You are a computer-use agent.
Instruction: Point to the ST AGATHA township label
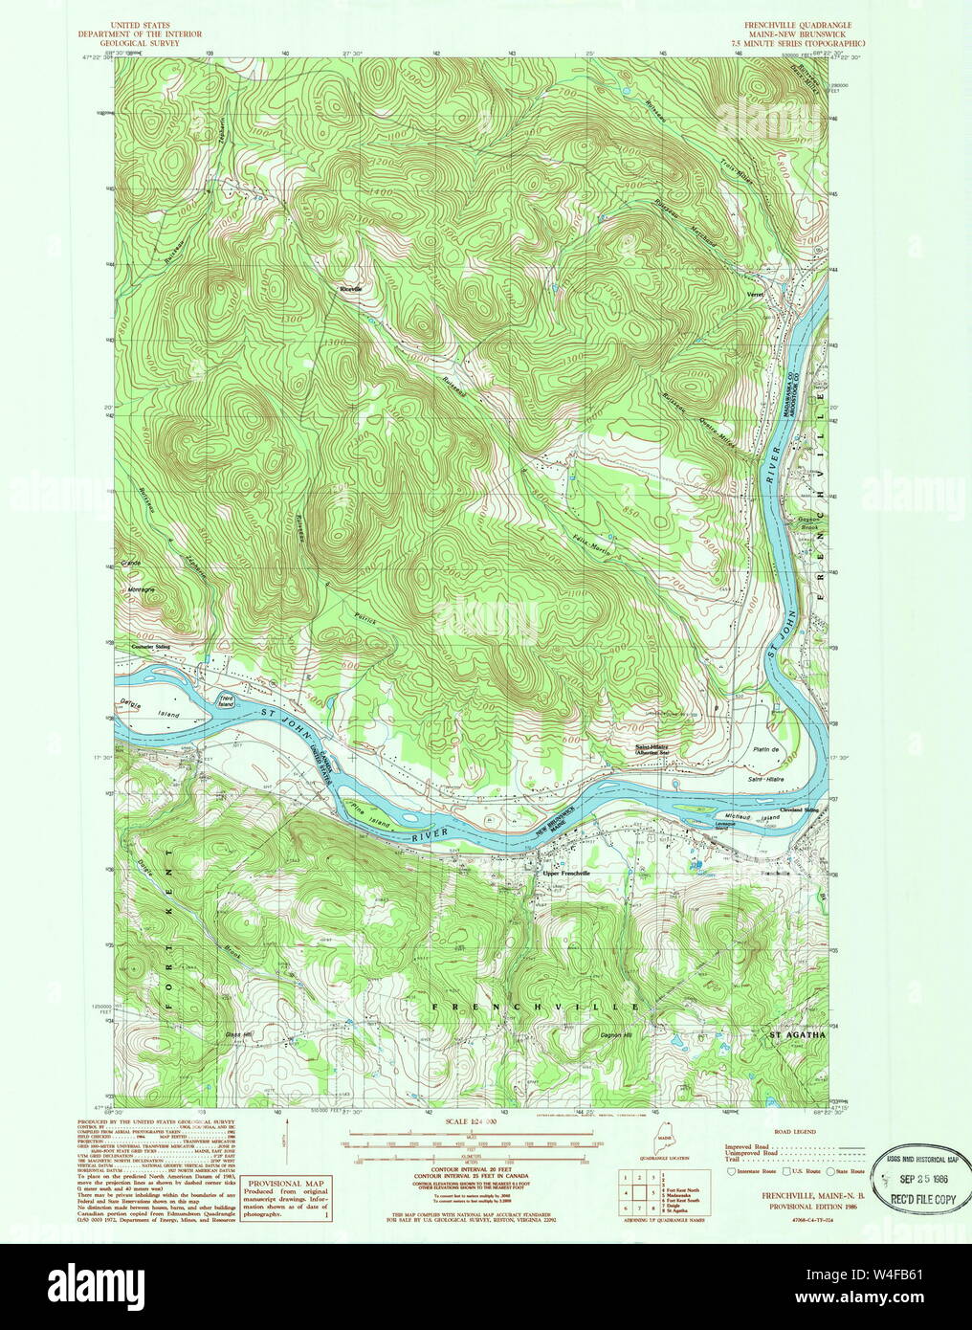(x=797, y=1034)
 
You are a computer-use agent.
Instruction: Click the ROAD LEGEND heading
(x=796, y=1131)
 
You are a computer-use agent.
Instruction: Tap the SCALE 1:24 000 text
(x=466, y=1120)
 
